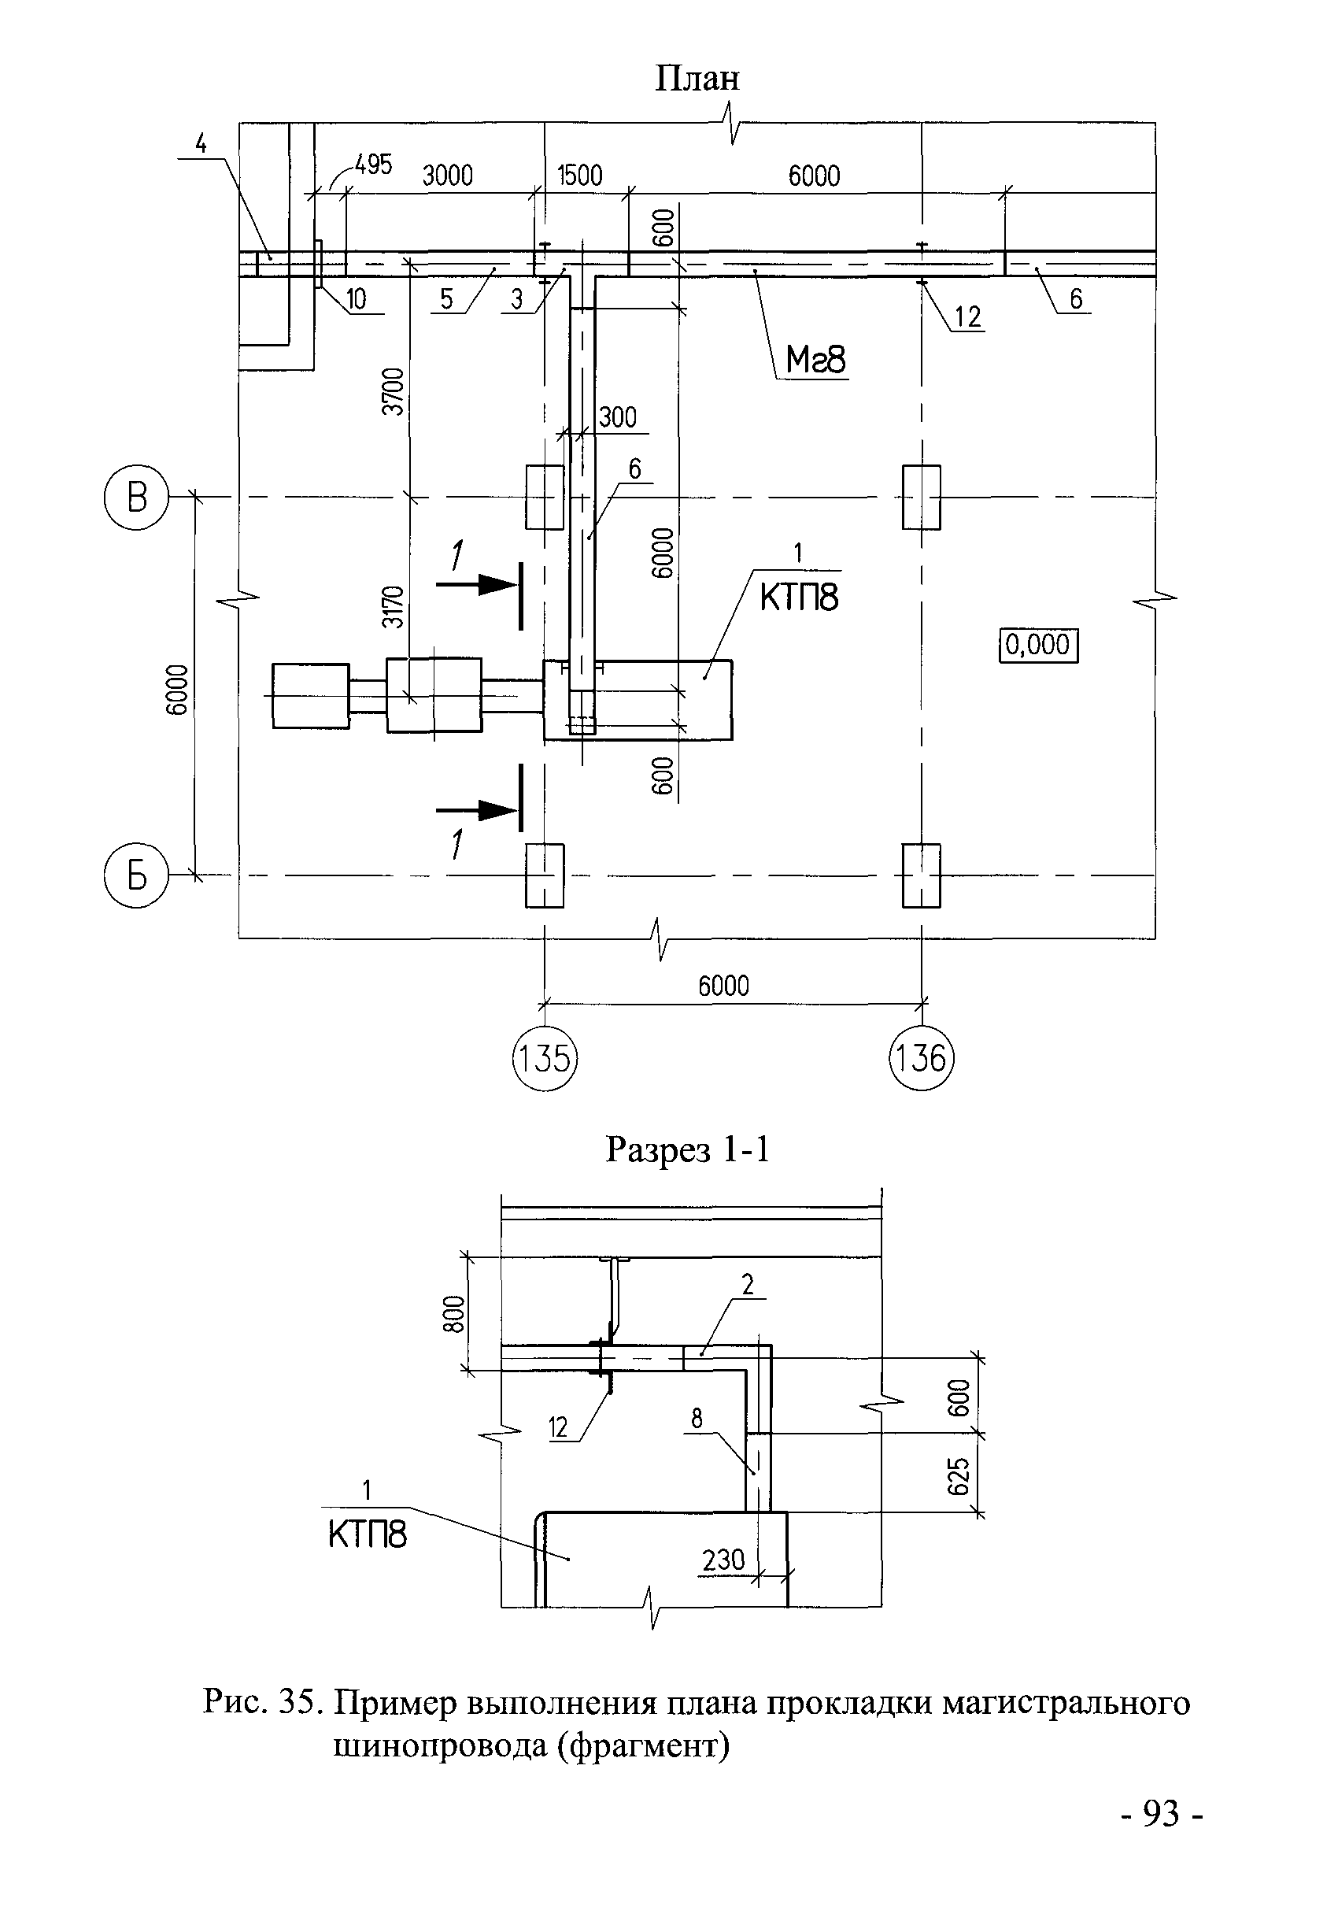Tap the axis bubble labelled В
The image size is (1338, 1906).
[x=136, y=498]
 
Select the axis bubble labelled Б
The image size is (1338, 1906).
[x=136, y=875]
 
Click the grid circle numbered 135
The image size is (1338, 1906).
[x=544, y=1058]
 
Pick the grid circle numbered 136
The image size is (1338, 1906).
[x=922, y=1058]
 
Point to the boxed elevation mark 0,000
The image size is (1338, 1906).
[x=1037, y=644]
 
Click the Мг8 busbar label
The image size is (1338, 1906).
[x=816, y=361]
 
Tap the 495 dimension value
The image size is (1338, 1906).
[x=373, y=165]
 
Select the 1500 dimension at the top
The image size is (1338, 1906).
[x=579, y=175]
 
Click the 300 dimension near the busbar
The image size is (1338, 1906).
[x=617, y=416]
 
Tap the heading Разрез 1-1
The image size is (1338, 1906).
[x=688, y=1149]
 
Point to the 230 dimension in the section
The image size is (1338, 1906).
[x=723, y=1560]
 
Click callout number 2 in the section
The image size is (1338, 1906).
[x=748, y=1284]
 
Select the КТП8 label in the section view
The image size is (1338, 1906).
[x=367, y=1535]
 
